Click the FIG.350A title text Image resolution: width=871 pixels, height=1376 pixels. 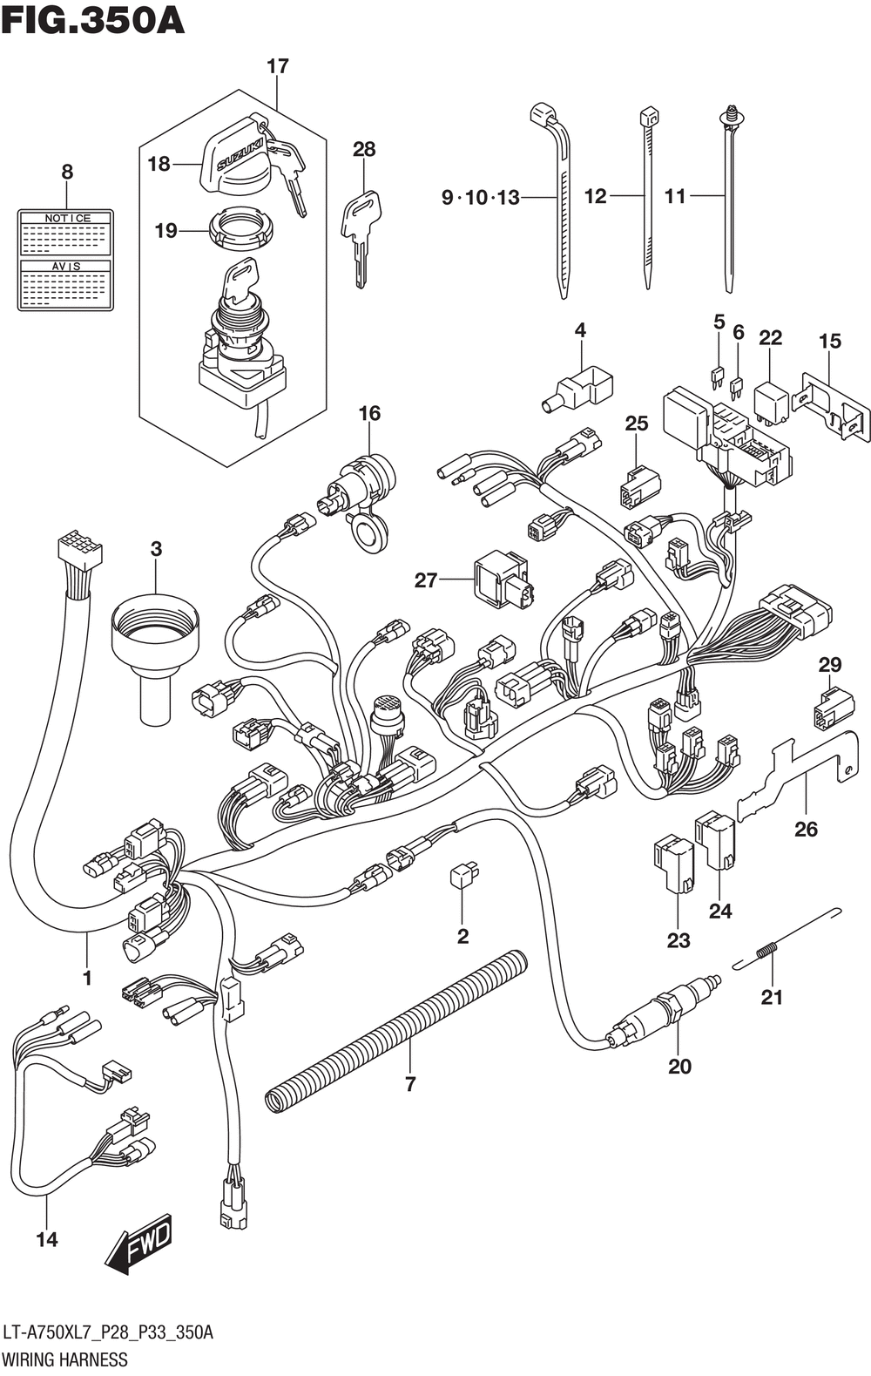click(93, 19)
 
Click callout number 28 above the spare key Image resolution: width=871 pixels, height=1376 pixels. click(364, 149)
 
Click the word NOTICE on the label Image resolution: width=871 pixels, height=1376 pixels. click(67, 218)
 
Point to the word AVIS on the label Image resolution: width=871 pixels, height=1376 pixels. click(67, 266)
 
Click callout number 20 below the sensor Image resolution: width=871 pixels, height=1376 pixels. click(679, 1066)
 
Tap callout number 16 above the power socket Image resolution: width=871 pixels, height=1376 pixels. click(369, 412)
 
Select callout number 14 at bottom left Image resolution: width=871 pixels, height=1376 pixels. click(47, 1238)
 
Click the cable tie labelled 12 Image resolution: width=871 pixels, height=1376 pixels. click(646, 196)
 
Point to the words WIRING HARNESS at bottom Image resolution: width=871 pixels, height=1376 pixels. click(65, 1359)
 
